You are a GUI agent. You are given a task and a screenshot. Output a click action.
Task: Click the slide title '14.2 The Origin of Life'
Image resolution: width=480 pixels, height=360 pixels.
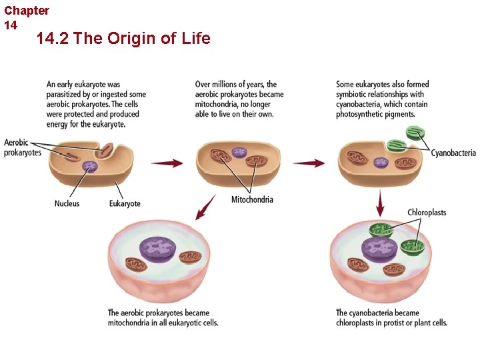coord(123,39)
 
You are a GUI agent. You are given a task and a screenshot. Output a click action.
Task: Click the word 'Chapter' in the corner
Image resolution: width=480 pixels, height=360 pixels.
coord(27,11)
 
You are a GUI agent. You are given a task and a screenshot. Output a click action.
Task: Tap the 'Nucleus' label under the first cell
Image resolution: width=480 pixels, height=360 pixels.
coord(67,203)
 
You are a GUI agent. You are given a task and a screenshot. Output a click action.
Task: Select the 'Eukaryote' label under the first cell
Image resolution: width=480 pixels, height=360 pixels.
coord(125,203)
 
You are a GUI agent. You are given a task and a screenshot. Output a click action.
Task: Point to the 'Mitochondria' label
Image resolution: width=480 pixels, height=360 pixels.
coord(252,199)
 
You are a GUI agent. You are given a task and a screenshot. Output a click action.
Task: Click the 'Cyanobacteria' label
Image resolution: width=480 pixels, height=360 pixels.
coord(453,153)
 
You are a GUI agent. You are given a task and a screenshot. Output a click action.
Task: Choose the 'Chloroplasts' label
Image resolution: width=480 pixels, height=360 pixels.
coord(427,213)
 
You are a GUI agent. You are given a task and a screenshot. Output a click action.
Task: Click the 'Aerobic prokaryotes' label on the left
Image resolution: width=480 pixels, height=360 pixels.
coord(23,147)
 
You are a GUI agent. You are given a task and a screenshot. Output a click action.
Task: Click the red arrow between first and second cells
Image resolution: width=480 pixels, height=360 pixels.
coord(167,163)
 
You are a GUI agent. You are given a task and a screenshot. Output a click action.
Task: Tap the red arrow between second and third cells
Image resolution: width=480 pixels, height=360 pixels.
coord(309,163)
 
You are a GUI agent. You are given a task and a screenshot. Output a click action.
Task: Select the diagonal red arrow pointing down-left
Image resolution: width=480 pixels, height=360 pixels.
coord(206,207)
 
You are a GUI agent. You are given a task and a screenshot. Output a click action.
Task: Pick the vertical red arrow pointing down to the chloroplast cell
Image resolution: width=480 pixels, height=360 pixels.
coord(380,203)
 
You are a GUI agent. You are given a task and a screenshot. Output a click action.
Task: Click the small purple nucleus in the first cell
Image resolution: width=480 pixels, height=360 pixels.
coord(89,166)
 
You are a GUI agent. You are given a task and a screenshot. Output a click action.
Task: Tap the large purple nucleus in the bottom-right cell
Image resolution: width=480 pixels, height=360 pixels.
coord(379,250)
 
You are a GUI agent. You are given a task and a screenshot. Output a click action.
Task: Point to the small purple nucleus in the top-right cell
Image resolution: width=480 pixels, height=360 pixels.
coord(381,162)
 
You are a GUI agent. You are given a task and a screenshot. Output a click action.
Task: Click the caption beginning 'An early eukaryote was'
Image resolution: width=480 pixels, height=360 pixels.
coord(96,104)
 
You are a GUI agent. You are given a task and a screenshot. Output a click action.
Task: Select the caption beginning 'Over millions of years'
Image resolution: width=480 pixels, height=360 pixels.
coord(239,99)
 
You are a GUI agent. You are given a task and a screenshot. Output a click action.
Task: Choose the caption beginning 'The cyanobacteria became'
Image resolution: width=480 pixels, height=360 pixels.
coord(391,317)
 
